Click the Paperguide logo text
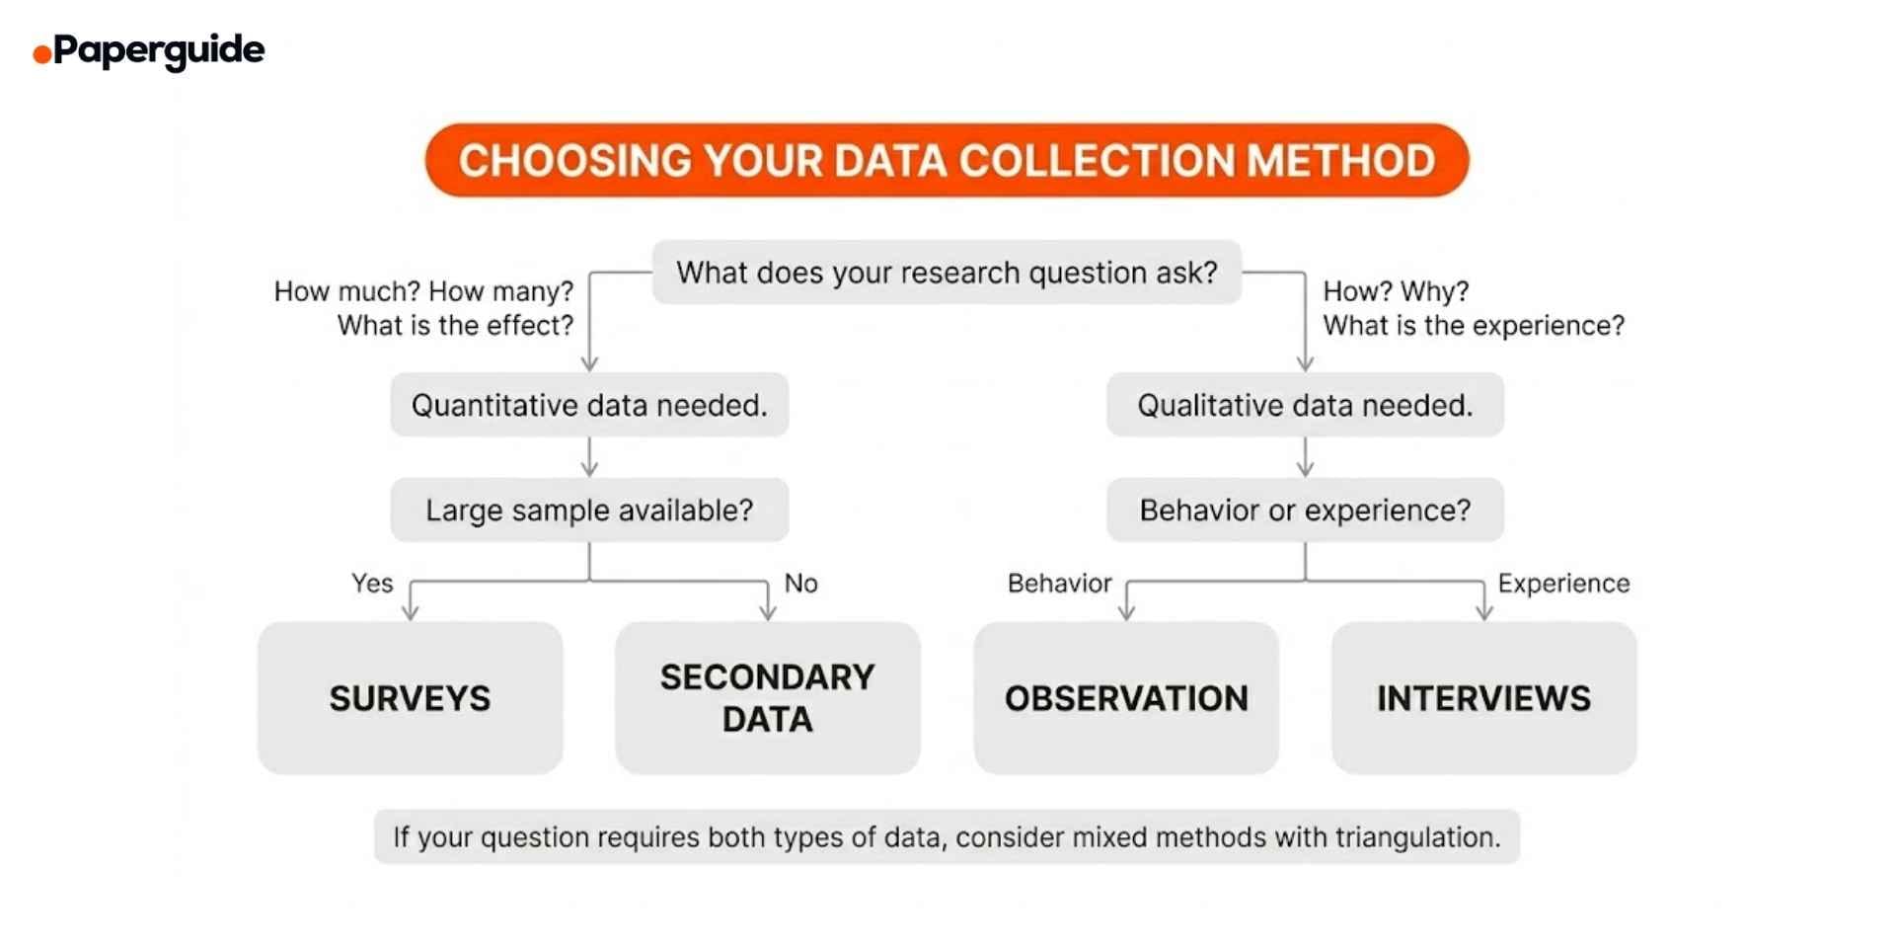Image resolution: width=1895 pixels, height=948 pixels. [158, 49]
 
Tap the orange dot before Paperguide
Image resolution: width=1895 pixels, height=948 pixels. [41, 54]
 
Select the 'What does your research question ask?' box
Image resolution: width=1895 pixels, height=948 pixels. [947, 273]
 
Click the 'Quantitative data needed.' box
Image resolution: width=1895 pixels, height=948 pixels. [589, 405]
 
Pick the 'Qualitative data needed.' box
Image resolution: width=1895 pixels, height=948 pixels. [1305, 405]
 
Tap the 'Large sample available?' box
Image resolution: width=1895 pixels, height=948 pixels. [589, 511]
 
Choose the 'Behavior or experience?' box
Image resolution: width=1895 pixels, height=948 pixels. [1305, 511]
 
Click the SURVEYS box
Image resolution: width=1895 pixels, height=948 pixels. [410, 698]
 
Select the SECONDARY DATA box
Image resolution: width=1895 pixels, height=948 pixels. [767, 698]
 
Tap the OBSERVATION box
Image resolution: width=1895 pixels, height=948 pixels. [1126, 698]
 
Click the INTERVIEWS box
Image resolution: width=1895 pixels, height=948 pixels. [1483, 698]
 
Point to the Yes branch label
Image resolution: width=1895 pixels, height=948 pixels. [372, 584]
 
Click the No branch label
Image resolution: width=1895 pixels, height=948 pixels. [800, 584]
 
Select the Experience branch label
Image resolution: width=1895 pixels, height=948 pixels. [1563, 584]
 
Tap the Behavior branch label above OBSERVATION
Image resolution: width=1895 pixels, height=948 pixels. [1059, 584]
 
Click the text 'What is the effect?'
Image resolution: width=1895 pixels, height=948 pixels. [455, 326]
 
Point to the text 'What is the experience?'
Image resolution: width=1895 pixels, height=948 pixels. [1474, 326]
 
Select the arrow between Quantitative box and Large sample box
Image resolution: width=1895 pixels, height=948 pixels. [589, 457]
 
